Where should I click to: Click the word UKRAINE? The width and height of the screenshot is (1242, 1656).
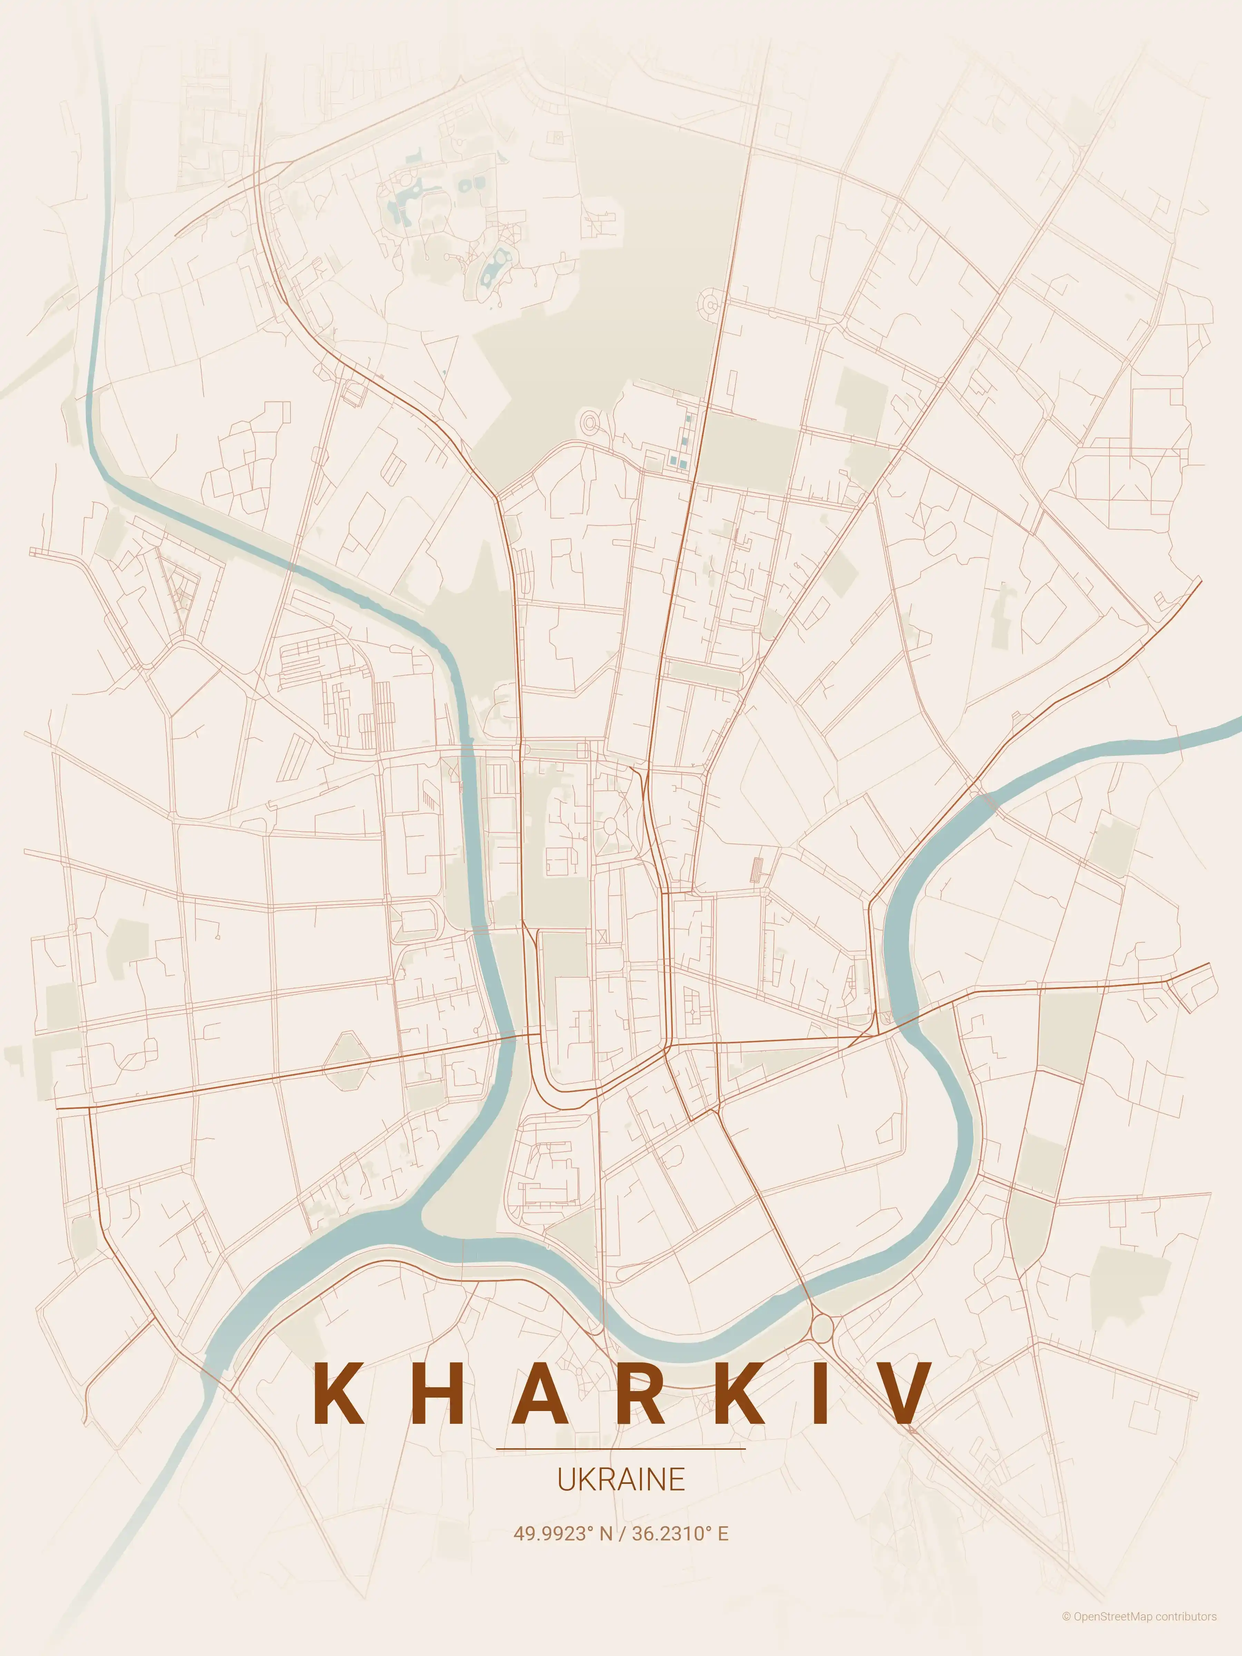pyautogui.click(x=621, y=1480)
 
